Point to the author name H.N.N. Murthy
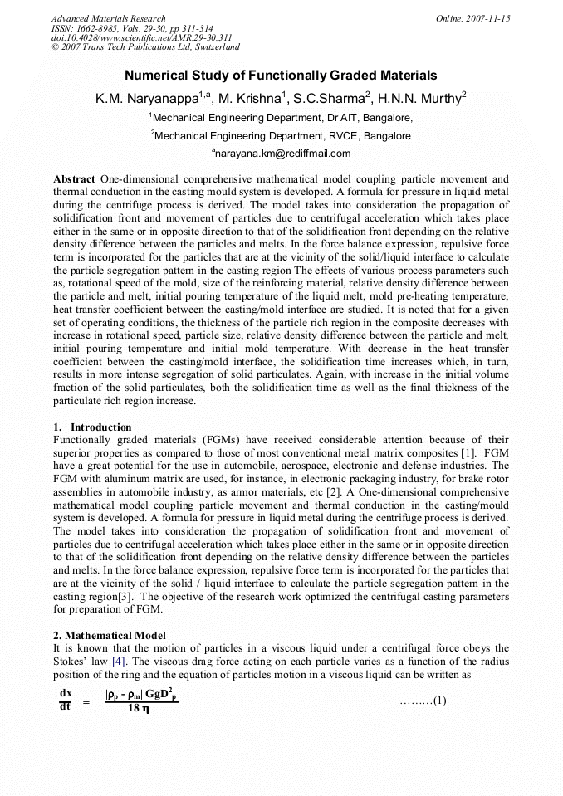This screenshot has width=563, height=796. (420, 98)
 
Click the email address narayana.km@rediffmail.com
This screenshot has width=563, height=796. (282, 154)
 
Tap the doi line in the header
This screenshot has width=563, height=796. (141, 38)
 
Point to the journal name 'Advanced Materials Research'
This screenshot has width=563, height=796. (108, 18)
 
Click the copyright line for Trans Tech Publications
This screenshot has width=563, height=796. (145, 47)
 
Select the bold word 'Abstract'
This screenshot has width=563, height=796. (74, 179)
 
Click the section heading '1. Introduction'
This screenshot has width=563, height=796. (92, 427)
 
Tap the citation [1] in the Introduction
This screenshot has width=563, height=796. (468, 452)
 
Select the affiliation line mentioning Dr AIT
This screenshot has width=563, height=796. (281, 118)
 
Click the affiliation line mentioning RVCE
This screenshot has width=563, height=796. (281, 135)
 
